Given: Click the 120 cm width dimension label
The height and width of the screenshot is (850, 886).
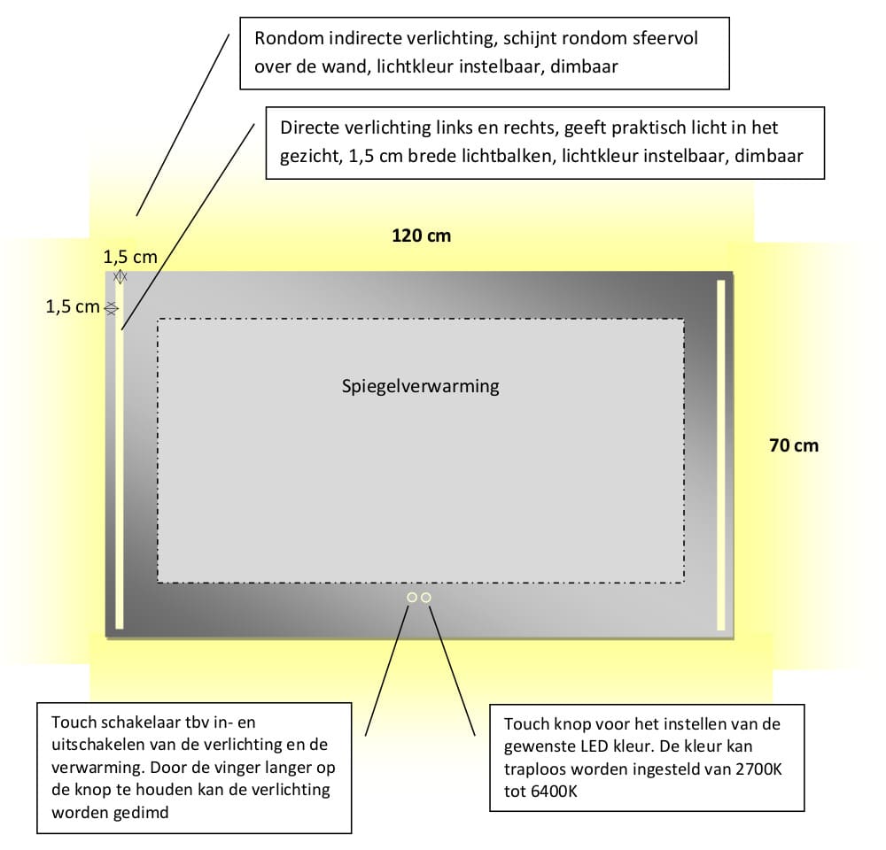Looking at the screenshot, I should click(421, 236).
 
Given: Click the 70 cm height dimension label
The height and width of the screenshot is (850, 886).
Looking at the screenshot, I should click(794, 445).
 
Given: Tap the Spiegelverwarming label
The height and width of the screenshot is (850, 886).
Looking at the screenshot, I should click(421, 386).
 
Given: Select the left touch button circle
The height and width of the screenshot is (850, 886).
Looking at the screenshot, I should click(412, 598).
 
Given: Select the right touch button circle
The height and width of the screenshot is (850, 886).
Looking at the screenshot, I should click(426, 598).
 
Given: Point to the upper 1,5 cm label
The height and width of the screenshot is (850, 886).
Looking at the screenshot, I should click(130, 258).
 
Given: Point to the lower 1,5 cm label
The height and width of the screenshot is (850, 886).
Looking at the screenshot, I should click(73, 307).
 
